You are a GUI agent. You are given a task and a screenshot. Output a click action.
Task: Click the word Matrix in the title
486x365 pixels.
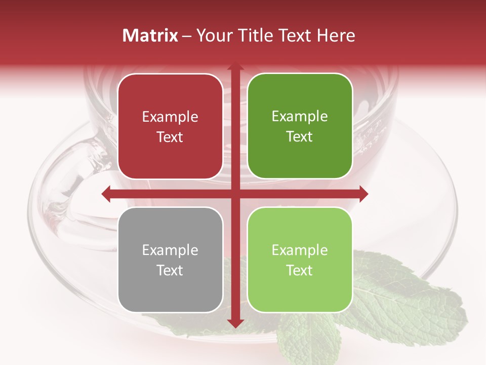pos(150,35)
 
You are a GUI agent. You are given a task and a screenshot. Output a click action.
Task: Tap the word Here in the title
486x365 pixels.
pos(336,35)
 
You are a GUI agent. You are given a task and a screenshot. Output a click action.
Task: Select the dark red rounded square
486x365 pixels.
pos(170,126)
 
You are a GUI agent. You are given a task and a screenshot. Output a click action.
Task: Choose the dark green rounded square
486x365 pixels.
pos(300,126)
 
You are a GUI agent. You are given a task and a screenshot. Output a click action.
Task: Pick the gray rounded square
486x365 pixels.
pos(170,260)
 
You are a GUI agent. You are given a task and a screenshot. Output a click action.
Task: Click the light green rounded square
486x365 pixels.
pos(300,260)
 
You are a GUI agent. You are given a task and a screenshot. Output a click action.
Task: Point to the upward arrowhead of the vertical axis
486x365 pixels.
pos(235,67)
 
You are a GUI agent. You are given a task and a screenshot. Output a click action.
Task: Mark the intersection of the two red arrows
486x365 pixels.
pos(235,194)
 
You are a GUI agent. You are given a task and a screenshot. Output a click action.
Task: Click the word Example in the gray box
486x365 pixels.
pos(170,250)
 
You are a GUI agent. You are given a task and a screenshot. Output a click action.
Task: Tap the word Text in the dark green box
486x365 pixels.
pos(300,136)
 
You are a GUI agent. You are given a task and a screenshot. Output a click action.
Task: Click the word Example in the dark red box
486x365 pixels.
pos(170,117)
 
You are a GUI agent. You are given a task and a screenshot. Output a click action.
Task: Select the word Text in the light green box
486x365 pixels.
pos(300,270)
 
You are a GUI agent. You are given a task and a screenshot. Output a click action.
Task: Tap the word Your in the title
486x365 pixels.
pos(213,35)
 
